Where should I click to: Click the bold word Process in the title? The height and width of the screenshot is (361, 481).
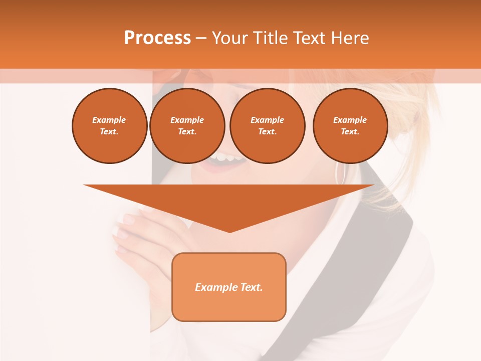coord(157,38)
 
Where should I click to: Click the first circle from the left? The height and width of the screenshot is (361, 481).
coord(110,126)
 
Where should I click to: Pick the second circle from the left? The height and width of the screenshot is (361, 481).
coord(187,126)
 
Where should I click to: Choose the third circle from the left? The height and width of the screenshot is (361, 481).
coord(267,126)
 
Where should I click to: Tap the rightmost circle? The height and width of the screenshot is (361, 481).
coord(350,126)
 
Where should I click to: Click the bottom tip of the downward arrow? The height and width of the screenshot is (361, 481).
coord(229,231)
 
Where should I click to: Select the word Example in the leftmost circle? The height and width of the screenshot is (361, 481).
coord(109,120)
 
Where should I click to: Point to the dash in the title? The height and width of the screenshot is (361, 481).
coord(201,38)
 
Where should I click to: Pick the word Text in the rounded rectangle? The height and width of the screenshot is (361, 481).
coord(251,287)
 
